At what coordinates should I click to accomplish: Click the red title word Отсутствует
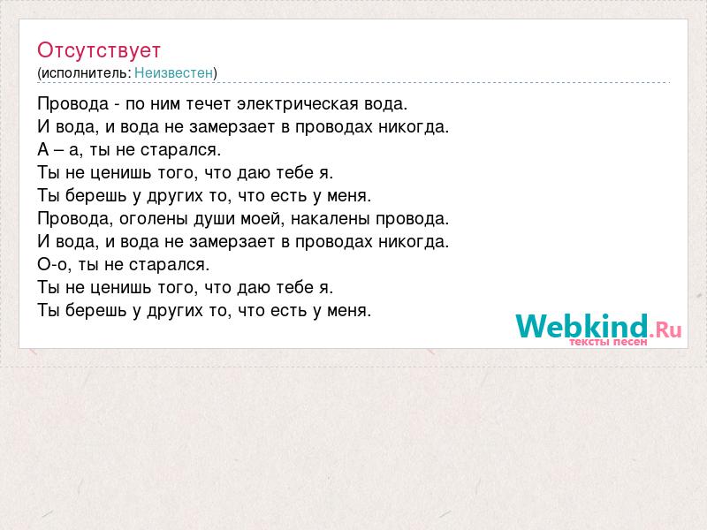click(99, 50)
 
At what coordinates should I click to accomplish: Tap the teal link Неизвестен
click(173, 72)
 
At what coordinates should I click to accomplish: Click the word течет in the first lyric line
click(209, 103)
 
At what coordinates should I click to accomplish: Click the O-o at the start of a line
click(52, 264)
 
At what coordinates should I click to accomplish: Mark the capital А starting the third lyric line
click(43, 149)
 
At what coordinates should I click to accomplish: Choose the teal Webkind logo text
click(582, 326)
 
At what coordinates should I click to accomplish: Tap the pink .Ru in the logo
click(665, 329)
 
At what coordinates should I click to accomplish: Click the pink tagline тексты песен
click(608, 342)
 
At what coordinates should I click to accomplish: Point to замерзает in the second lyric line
click(232, 126)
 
